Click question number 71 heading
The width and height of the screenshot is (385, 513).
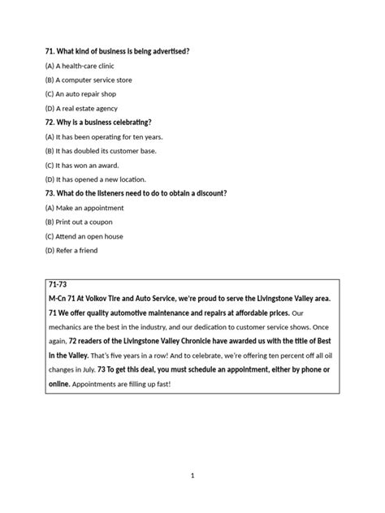(118, 51)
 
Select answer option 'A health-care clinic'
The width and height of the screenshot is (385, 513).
(82, 66)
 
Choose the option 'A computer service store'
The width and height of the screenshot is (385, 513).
(89, 80)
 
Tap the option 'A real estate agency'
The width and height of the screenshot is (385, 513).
(82, 108)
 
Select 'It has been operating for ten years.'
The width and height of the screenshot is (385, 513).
(104, 136)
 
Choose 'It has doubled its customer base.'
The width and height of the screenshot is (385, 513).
(101, 150)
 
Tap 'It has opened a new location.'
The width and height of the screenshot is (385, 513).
(97, 179)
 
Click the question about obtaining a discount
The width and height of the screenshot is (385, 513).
(136, 193)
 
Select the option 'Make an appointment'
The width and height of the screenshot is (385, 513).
(82, 208)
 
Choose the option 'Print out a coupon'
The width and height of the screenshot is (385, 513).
(79, 222)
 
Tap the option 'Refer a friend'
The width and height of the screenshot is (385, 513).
(71, 250)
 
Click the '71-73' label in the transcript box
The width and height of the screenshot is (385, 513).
(59, 287)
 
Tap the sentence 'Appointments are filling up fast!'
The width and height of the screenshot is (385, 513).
(121, 384)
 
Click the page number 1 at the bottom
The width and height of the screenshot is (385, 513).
(192, 476)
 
